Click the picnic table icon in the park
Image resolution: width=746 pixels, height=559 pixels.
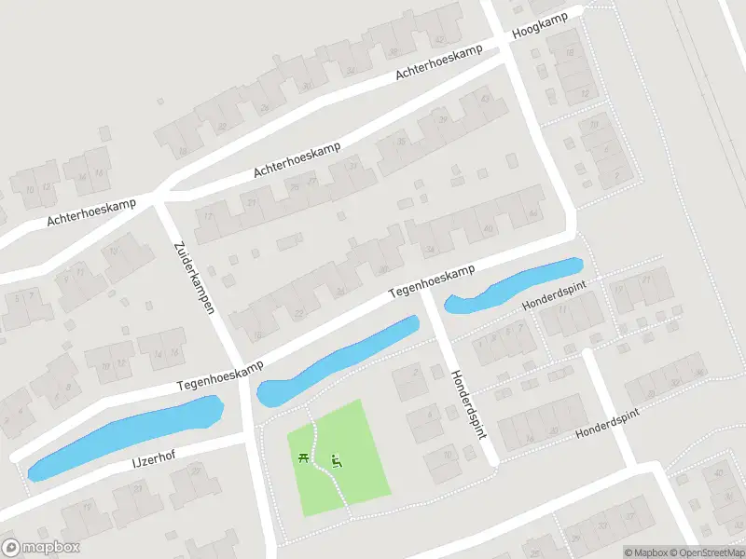[x=304, y=457]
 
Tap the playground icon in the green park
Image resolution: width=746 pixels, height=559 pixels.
[x=338, y=459]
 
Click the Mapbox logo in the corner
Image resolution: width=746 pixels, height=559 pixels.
[x=41, y=548]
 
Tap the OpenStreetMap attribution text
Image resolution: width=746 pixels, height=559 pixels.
[x=709, y=552]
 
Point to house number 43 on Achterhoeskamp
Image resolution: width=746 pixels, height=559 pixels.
[x=484, y=98]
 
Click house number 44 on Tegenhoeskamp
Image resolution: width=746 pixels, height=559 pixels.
[x=532, y=214]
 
